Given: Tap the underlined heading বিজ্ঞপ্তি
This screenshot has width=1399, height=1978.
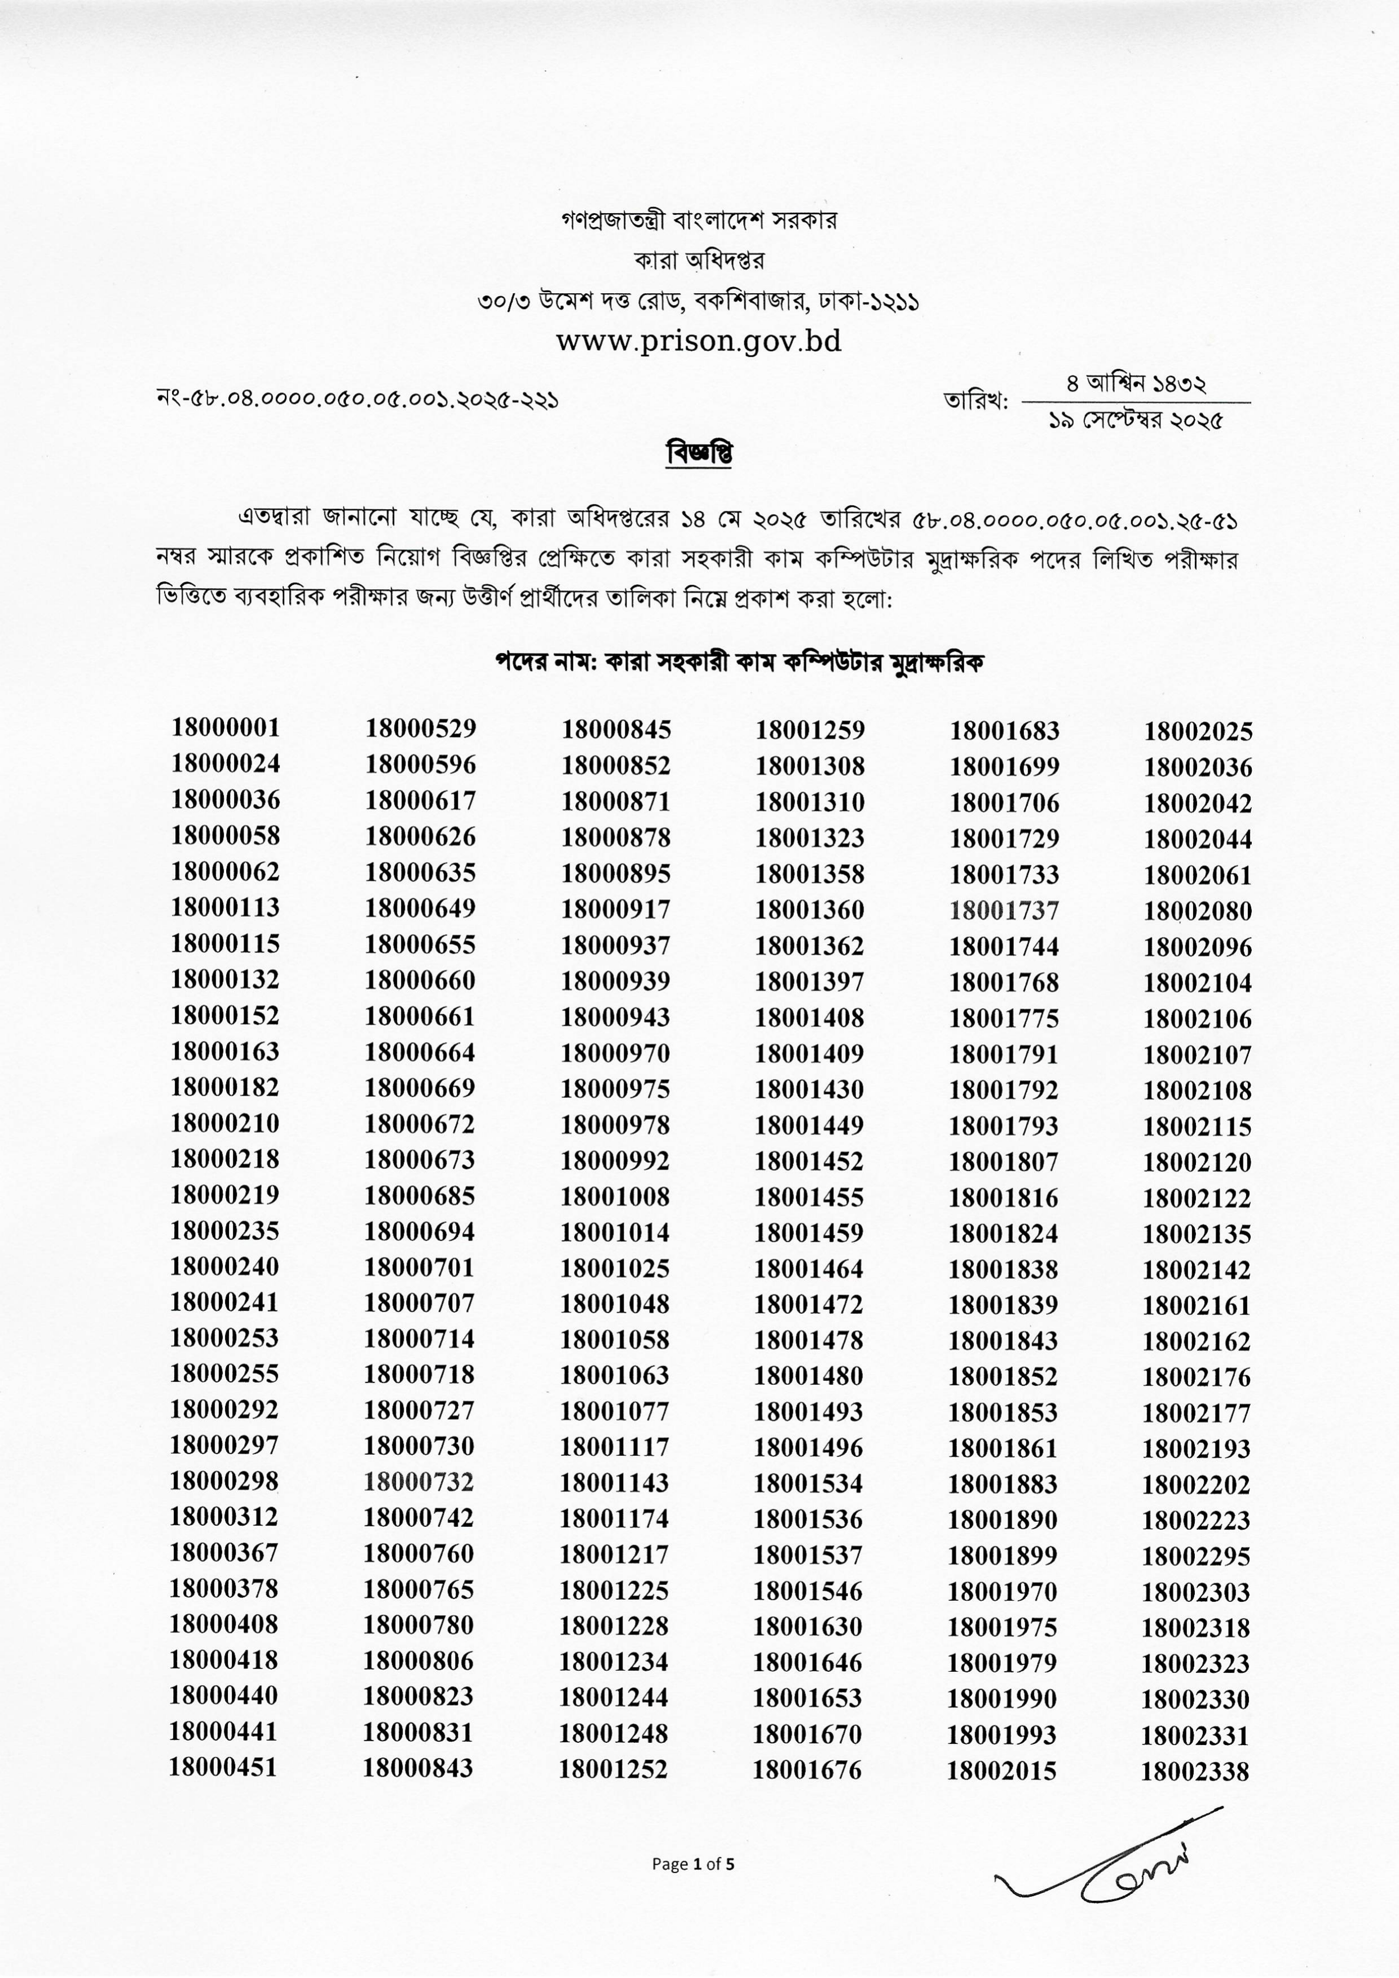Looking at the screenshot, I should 699,453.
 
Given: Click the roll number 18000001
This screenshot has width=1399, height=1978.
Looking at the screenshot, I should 226,728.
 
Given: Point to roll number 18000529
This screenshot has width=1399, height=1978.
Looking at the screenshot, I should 421,729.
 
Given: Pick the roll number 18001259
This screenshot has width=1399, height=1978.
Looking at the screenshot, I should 810,730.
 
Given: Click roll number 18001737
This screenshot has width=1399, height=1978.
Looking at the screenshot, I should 1004,911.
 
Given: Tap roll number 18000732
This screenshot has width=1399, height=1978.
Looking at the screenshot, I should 418,1482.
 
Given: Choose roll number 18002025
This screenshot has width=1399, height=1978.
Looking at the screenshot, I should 1198,731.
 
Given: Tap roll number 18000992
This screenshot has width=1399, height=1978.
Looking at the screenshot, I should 615,1160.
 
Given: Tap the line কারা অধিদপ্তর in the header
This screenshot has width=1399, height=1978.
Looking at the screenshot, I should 699,260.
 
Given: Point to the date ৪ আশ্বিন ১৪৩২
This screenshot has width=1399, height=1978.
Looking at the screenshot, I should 1136,384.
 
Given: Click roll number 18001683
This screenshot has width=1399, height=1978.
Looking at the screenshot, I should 1004,731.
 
